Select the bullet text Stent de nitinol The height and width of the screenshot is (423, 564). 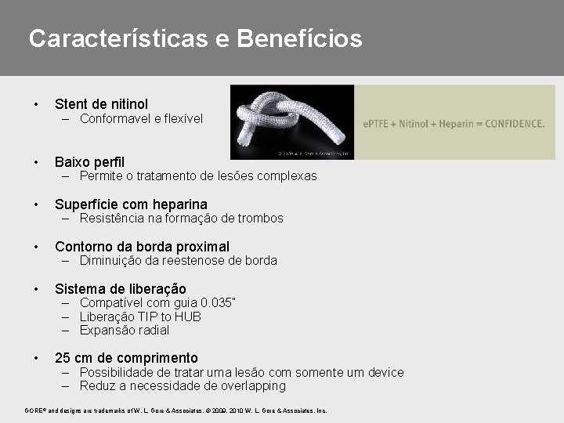(x=101, y=104)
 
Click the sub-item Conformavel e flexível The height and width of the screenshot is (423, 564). (x=141, y=119)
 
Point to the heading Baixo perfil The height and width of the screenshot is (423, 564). (x=89, y=162)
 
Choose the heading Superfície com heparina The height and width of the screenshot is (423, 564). (x=131, y=204)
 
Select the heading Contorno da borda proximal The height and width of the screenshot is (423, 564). (x=142, y=247)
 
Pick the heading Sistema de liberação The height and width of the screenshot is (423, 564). (x=120, y=289)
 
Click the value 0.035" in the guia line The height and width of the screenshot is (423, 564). (x=218, y=303)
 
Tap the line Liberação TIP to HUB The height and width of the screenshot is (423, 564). (x=140, y=316)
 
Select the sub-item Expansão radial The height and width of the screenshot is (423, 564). (x=125, y=330)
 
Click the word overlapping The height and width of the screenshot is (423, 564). (x=250, y=386)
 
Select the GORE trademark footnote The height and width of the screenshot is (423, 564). (x=175, y=410)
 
